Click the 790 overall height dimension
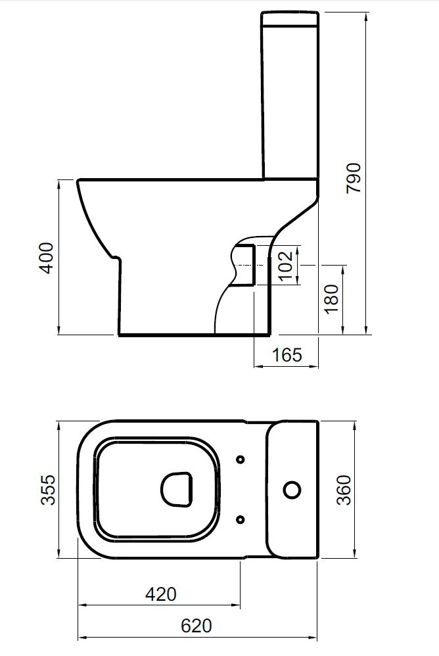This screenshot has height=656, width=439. tap(354, 178)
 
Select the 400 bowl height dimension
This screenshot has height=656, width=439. tap(46, 258)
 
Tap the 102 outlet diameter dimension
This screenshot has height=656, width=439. tap(286, 266)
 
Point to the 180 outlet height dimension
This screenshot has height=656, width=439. tap(331, 298)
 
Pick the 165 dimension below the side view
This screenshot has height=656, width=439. tap(287, 355)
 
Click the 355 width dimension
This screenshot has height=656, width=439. tap(48, 490)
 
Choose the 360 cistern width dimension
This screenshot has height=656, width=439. tap(344, 490)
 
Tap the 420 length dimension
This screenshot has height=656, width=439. tap(161, 594)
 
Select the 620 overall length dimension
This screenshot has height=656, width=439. tap(196, 626)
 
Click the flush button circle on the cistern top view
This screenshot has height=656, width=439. tap(292, 490)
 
